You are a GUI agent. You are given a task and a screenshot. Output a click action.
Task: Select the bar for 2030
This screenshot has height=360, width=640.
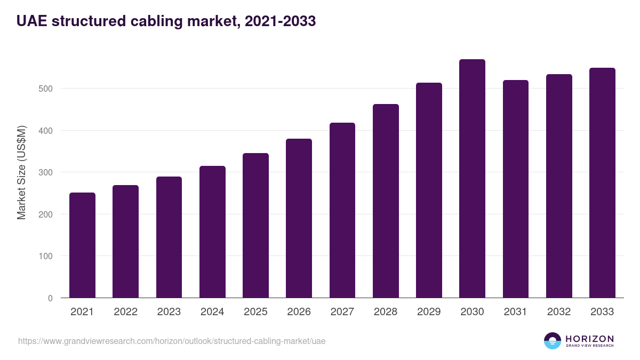(x=472, y=179)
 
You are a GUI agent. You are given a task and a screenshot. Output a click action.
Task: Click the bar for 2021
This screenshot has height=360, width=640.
(x=82, y=245)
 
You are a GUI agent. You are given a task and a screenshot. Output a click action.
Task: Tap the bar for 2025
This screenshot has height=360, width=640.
(x=255, y=226)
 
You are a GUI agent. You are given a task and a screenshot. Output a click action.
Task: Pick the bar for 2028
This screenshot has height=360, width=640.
(x=386, y=201)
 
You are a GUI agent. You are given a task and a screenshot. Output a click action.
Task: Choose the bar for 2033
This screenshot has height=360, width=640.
(x=602, y=183)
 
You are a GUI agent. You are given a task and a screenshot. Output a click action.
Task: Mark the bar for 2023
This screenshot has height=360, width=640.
(x=169, y=237)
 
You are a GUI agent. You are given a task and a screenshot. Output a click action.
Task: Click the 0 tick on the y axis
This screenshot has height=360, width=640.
(x=50, y=298)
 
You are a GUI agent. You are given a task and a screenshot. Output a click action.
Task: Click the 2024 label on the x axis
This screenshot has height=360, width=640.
(x=212, y=312)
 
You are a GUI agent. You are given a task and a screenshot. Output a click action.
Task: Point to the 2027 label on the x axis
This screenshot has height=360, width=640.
(x=342, y=312)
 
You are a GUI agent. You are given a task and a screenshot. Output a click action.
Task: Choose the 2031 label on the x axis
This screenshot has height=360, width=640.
(x=515, y=312)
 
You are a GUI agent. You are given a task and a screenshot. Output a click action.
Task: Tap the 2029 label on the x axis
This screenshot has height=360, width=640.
(x=429, y=312)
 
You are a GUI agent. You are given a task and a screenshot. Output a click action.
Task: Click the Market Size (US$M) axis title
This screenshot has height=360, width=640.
(x=21, y=172)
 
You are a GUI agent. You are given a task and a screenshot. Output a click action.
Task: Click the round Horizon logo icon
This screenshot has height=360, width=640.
(x=553, y=341)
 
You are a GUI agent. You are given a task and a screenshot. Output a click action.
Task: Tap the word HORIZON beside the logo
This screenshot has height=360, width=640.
(x=589, y=338)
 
